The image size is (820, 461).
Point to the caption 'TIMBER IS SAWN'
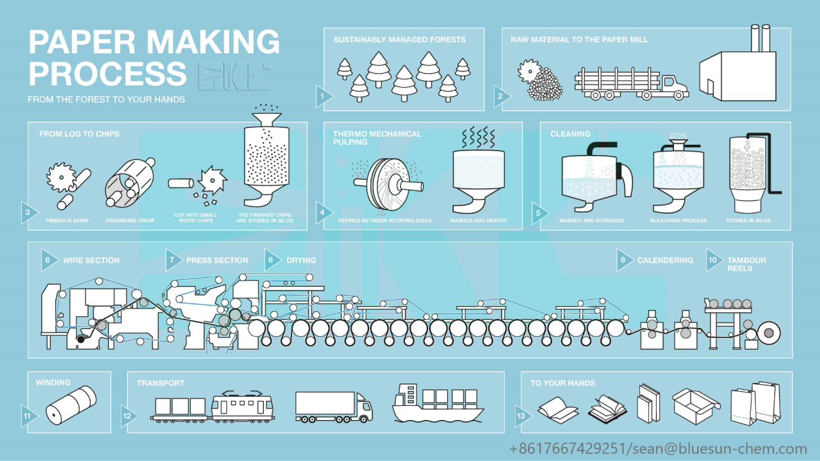pos(67,220)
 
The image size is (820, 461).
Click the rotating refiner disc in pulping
pos(382,184)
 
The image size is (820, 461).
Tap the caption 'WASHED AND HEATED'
pos(478,220)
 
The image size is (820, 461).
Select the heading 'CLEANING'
pos(570,134)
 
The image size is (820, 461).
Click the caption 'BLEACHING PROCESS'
pos(678,220)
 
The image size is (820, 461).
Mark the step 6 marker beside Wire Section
pos(47,259)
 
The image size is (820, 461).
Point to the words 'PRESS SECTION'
pos(217,260)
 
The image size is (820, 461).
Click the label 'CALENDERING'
pos(665,260)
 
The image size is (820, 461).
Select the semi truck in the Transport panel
pos(334,407)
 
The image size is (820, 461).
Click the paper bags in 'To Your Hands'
pos(756,403)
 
